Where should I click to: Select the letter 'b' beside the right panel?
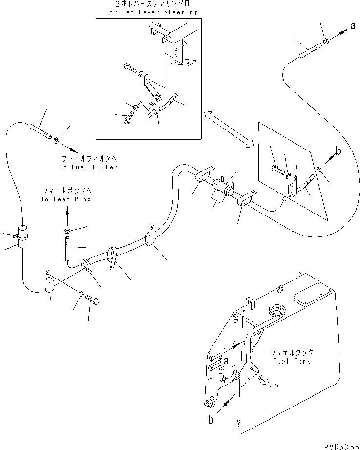338,151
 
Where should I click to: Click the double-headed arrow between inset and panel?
228,129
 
